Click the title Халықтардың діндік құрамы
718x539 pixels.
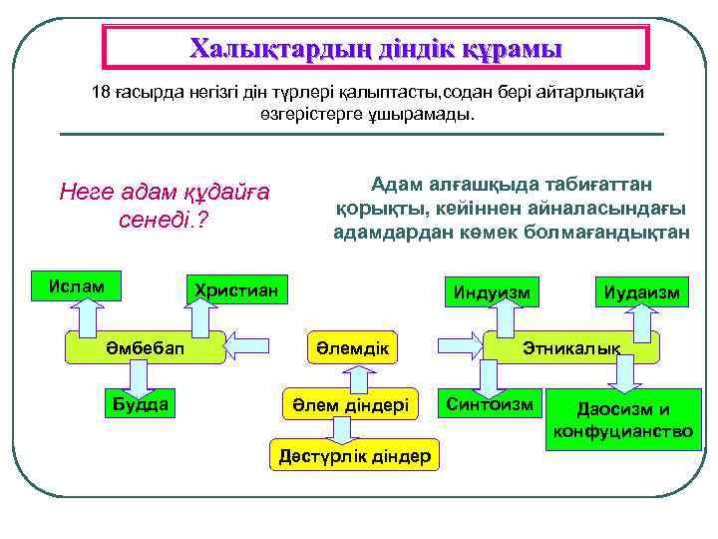point(376,48)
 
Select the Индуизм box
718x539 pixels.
point(491,291)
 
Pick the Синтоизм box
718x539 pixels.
point(490,403)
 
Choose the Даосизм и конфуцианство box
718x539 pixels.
point(623,420)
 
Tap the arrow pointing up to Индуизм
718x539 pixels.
point(499,319)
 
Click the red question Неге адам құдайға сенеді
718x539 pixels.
point(166,204)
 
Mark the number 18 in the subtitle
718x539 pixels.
point(101,92)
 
